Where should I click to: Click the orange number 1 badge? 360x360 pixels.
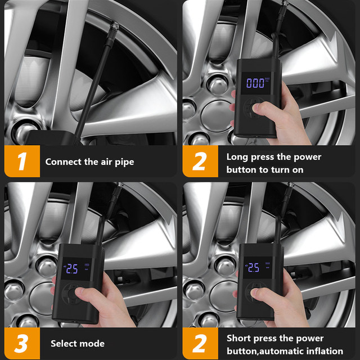22,161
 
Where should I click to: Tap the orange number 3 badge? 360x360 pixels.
22,343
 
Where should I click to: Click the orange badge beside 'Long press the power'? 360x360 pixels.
200,161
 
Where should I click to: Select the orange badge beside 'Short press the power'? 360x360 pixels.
200,343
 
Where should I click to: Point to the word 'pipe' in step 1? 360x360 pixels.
124,163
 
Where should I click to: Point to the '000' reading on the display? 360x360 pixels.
255,83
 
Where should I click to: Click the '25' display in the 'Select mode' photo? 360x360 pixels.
72,269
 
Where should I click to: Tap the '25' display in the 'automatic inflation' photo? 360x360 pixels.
254,268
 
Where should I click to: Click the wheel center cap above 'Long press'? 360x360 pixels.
217,116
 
